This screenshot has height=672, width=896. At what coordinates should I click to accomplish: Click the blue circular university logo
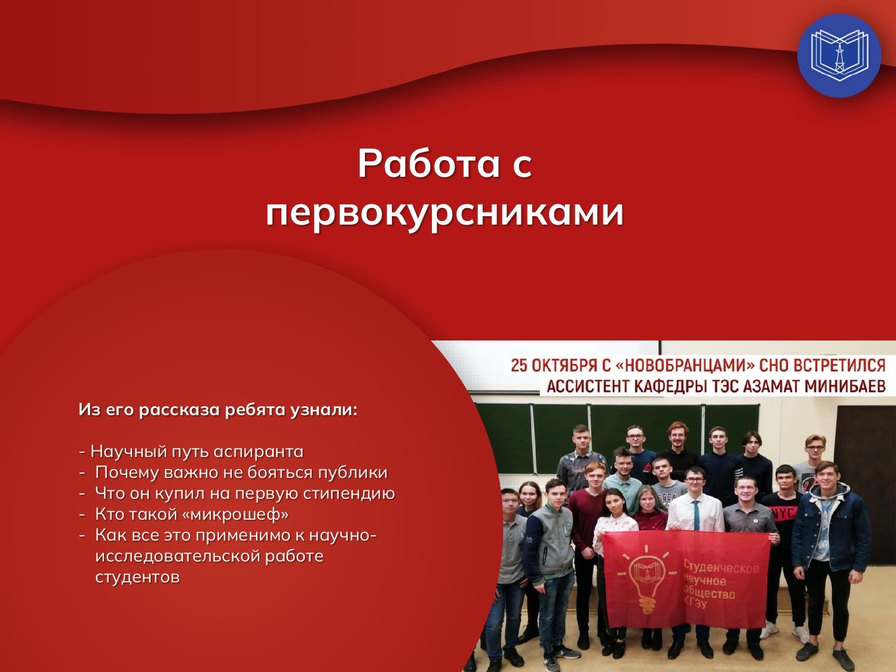839,56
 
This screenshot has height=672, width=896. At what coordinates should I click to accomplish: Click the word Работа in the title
429,164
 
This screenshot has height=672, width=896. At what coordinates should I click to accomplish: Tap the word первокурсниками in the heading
445,214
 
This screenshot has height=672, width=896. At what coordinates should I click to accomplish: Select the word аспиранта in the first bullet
259,452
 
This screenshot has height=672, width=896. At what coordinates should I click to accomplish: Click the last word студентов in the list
137,578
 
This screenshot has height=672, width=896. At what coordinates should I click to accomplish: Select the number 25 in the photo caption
519,365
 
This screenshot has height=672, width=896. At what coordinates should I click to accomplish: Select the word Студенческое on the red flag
722,567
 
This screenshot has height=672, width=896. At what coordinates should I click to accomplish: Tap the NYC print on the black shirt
781,514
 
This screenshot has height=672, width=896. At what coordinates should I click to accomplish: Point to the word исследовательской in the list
210,557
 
